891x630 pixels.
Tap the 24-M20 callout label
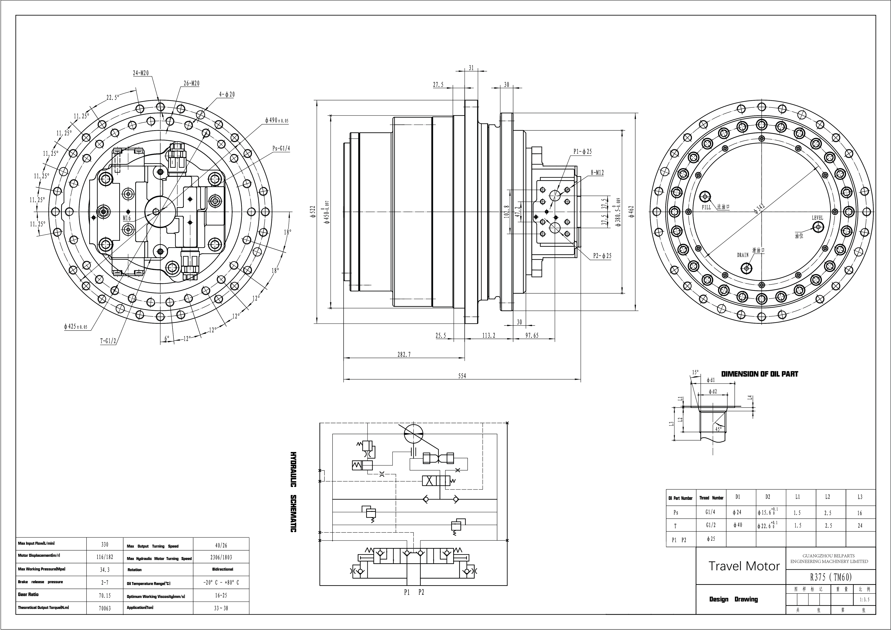coord(141,73)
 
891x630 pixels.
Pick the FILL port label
coord(706,208)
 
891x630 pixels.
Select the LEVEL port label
coord(817,218)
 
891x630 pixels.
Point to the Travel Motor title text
coord(744,566)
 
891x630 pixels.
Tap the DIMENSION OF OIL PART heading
coord(760,374)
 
